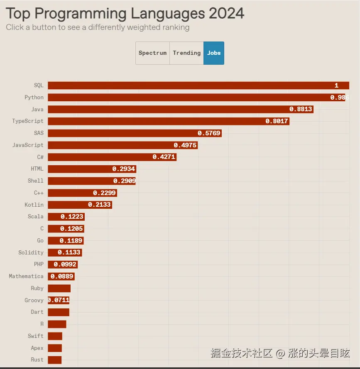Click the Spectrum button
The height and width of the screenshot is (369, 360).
click(x=152, y=53)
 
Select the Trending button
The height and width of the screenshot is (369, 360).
click(x=186, y=53)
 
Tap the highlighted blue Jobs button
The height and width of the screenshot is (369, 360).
click(x=214, y=53)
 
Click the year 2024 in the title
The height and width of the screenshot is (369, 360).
click(x=226, y=14)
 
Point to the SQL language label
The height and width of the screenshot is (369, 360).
click(x=38, y=86)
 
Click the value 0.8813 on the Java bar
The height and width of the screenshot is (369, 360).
click(x=301, y=109)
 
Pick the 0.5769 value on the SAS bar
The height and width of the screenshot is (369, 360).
click(x=209, y=133)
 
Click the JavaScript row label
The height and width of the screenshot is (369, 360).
click(x=28, y=145)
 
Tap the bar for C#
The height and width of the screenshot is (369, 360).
click(x=112, y=157)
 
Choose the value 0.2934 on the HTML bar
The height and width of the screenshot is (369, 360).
click(x=124, y=169)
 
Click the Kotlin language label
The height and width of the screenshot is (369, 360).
click(x=34, y=205)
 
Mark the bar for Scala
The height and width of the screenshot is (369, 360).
click(x=66, y=217)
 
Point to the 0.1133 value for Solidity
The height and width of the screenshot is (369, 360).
click(x=69, y=252)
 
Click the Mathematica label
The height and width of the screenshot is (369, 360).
click(x=26, y=276)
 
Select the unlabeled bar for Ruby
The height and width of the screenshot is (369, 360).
click(x=59, y=288)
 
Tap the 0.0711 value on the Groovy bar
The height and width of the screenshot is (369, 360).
click(x=59, y=300)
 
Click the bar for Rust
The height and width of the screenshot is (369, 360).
click(x=54, y=360)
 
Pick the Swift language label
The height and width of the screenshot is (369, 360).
click(x=36, y=336)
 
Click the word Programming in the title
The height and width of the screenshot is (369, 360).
click(x=81, y=14)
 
